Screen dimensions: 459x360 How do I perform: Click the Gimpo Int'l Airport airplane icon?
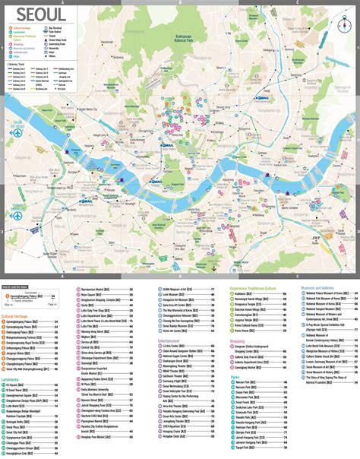[x=15, y=131]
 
